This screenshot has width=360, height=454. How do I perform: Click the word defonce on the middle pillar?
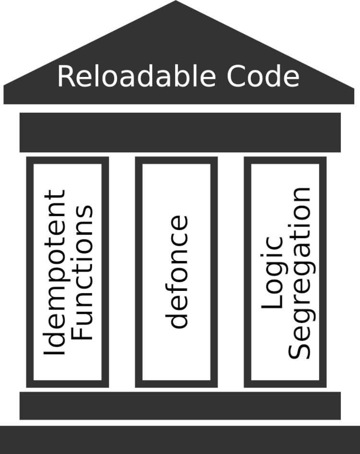[x=179, y=272]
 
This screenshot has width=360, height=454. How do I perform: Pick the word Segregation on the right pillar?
[x=301, y=273]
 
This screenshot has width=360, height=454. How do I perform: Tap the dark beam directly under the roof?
[x=180, y=132]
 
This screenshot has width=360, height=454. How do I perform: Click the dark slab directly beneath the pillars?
[x=180, y=406]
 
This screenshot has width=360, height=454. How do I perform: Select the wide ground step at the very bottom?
[x=180, y=440]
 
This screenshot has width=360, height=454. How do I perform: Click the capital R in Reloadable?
[x=66, y=76]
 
